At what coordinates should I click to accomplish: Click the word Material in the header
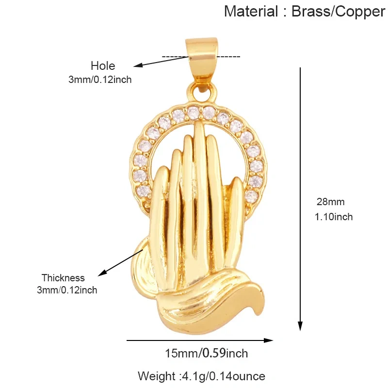[x=251, y=11]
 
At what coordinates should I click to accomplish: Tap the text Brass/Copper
[x=338, y=12]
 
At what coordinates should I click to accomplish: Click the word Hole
[x=103, y=66]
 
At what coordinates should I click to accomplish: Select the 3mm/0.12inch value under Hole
[x=100, y=80]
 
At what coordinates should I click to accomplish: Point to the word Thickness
[x=63, y=278]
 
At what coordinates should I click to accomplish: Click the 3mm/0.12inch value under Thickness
[x=67, y=290]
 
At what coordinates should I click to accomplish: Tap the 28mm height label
[x=331, y=202]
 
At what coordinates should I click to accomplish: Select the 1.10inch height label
[x=334, y=217]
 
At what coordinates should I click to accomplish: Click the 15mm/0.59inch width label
[x=207, y=353]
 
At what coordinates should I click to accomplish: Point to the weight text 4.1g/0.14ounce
[x=224, y=376]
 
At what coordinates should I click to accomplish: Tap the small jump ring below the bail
[x=202, y=92]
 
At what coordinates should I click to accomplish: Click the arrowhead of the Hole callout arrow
[x=138, y=65]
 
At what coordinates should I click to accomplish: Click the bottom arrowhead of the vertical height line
[x=300, y=326]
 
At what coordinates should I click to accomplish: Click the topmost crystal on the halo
[x=194, y=113]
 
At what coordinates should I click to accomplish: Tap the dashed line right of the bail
[x=228, y=57]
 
